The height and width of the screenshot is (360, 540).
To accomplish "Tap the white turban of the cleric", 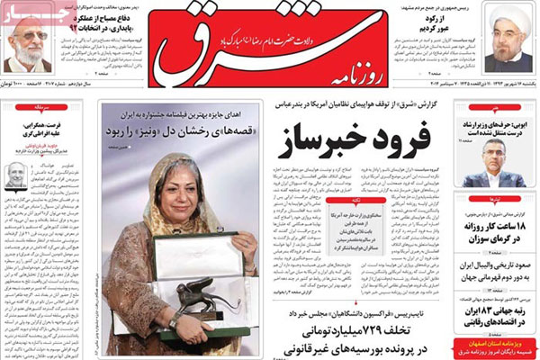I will tap(509, 13).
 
